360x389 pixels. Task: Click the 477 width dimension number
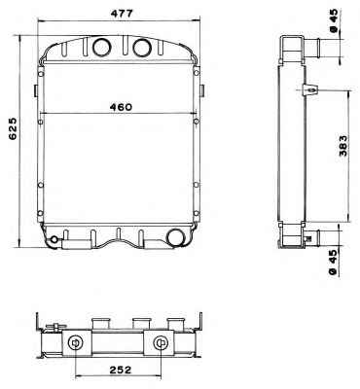(x=122, y=14)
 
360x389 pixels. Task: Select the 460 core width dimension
(x=121, y=107)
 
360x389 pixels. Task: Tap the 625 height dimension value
(x=13, y=128)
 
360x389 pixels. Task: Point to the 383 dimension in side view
(x=342, y=145)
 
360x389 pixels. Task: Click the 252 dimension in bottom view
(x=120, y=370)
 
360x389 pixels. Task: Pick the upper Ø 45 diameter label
(x=334, y=21)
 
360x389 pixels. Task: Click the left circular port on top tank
(x=101, y=47)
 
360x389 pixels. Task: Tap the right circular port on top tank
(x=142, y=47)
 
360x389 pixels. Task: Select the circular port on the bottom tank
(x=175, y=237)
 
